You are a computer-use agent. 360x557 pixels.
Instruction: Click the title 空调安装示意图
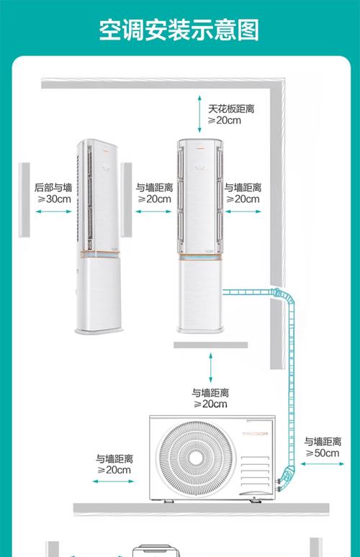coord(179,31)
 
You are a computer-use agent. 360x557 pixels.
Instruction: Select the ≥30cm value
coord(53,199)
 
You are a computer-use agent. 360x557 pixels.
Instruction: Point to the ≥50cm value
coord(322,453)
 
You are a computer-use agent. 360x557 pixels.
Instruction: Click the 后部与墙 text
coord(53,187)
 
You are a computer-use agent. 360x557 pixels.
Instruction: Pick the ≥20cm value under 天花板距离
coord(224,121)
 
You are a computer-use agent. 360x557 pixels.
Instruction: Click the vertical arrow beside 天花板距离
coord(199,112)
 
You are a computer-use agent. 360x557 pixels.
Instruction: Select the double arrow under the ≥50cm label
coord(321,465)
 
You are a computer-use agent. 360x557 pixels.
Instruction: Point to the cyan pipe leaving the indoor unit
coord(248,292)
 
